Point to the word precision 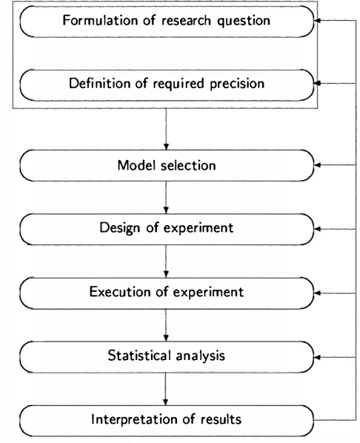click(x=237, y=84)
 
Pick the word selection click(x=188, y=165)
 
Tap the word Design click(x=119, y=228)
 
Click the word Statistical click(x=139, y=356)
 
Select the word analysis click(x=200, y=356)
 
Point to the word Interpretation click(x=134, y=419)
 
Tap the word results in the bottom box click(x=221, y=419)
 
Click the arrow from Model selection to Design click(x=166, y=197)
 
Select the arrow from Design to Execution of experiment click(x=166, y=261)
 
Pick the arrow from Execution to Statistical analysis click(x=166, y=325)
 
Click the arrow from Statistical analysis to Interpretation click(x=166, y=389)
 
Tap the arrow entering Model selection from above click(x=166, y=129)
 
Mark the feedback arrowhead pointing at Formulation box click(x=317, y=20)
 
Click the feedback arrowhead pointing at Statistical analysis click(x=317, y=357)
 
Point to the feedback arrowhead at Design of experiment click(x=317, y=229)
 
